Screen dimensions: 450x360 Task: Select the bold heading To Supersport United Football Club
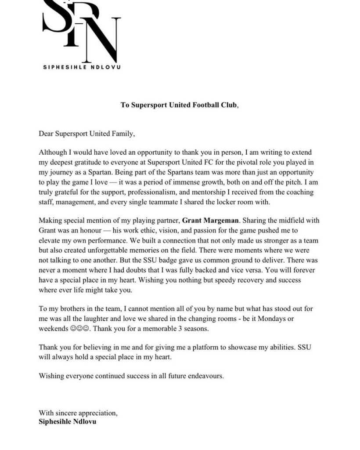click(x=179, y=105)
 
